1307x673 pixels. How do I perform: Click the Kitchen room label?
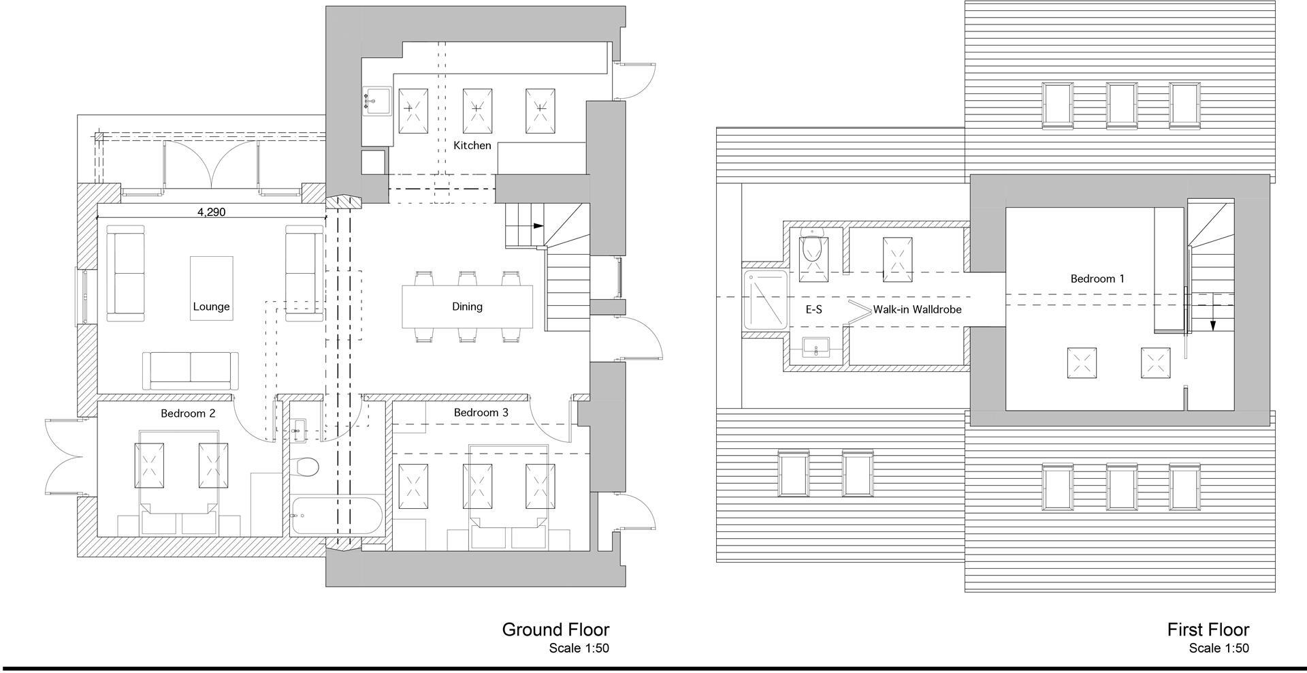coord(472,145)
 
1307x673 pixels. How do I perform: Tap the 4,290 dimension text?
coord(211,212)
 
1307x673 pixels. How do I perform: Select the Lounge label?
coord(211,307)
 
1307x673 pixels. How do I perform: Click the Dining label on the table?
coord(467,307)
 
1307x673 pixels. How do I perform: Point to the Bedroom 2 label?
coord(188,413)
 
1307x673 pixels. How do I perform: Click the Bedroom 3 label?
coord(481,412)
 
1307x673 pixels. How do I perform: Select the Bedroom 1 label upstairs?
coord(1097,278)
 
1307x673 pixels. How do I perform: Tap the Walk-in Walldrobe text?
coord(917,309)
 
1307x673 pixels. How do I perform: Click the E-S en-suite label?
coord(813,309)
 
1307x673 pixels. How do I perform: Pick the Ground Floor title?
coord(555,629)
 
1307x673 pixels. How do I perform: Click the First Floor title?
coord(1208,629)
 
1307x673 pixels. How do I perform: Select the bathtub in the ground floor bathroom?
coord(336,517)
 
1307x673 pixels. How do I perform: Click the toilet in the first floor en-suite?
coord(813,248)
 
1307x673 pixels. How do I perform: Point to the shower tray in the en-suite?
coord(766,300)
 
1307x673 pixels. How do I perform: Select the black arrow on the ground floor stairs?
coord(538,226)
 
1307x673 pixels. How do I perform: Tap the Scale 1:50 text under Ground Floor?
coord(579,648)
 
